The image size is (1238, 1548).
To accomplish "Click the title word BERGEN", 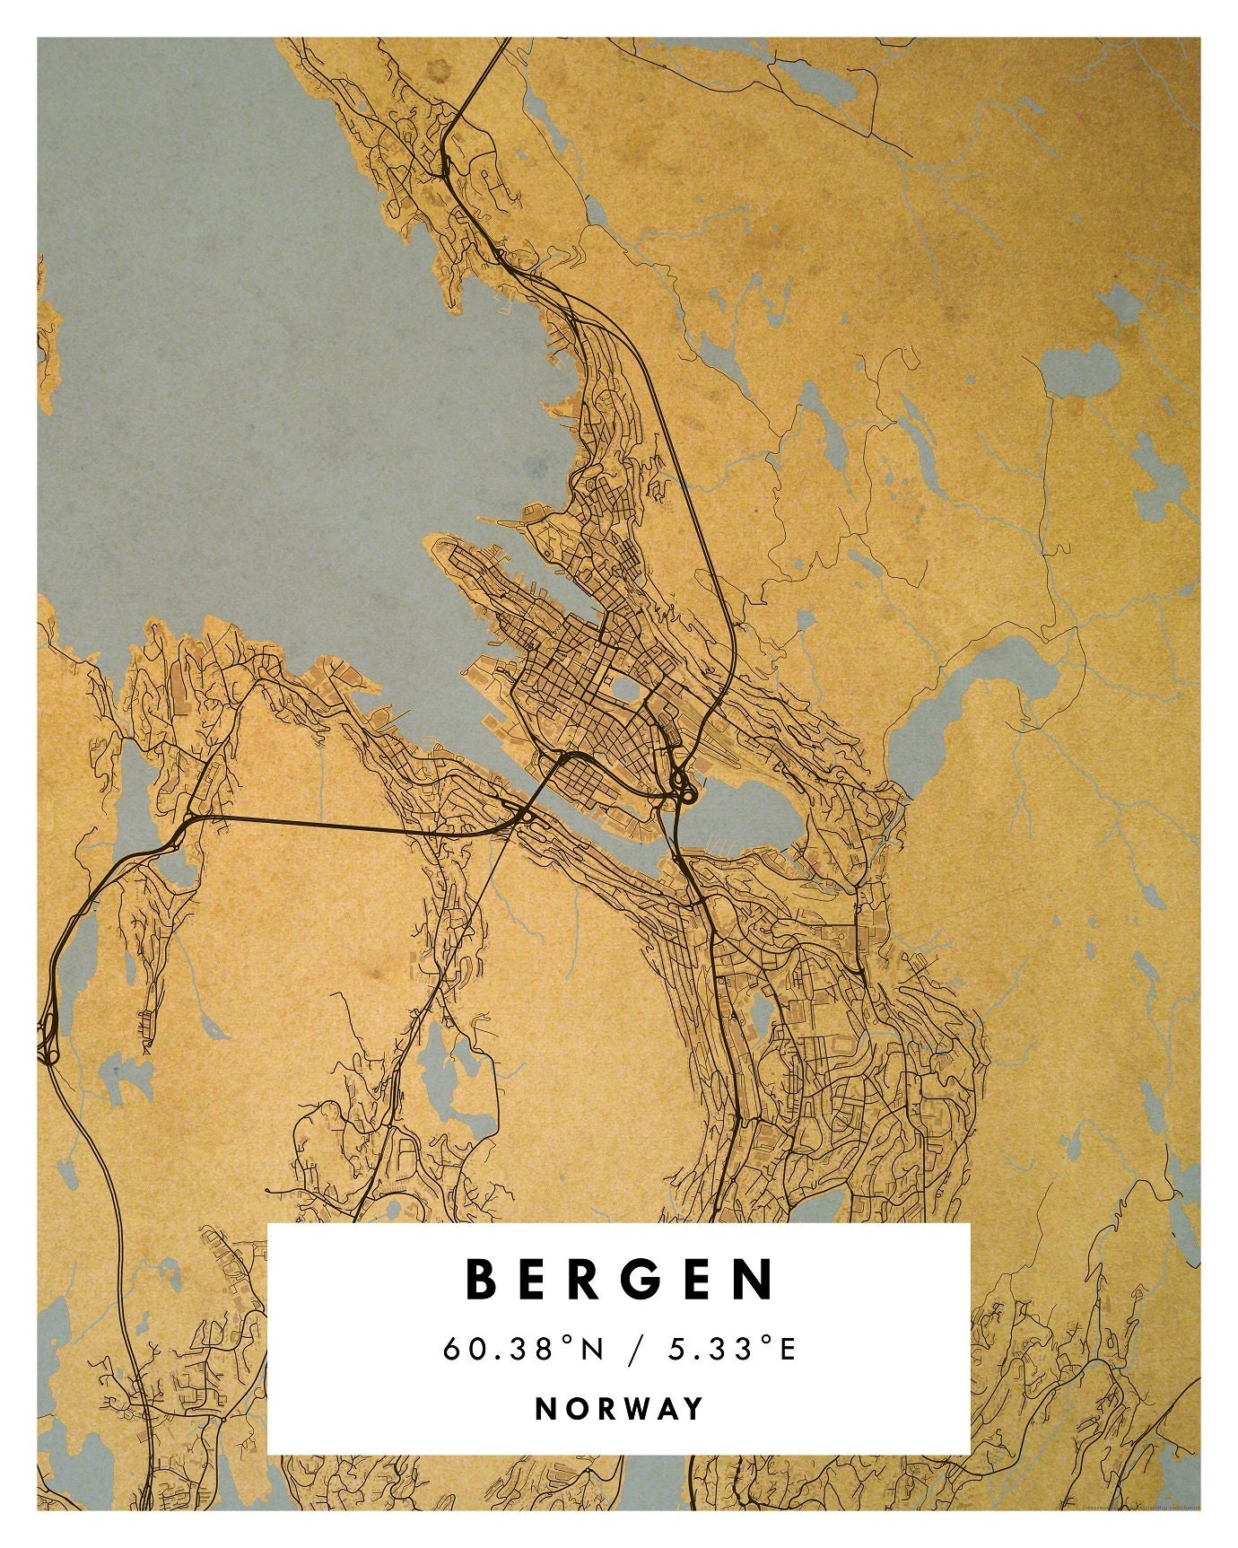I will tap(620, 1280).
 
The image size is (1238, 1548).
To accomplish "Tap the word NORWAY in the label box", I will tap(620, 1408).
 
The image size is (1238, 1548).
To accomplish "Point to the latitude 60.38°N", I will tap(524, 1349).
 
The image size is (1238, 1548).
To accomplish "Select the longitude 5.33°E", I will tap(732, 1349).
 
